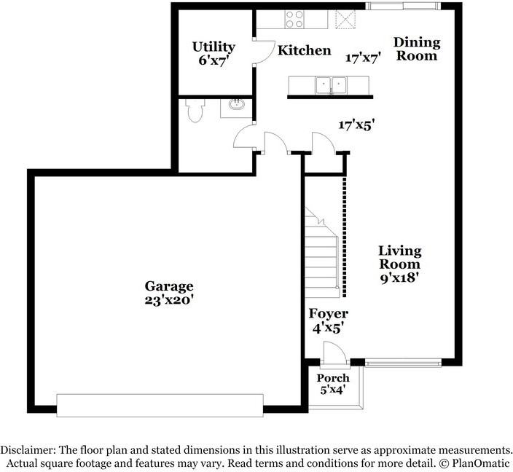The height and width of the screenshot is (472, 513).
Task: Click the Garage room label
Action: click(x=168, y=286)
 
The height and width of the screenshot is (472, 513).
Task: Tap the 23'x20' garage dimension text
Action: click(x=168, y=299)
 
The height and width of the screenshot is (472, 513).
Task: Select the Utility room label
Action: click(x=214, y=47)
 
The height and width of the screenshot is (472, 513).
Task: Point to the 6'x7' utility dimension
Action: click(x=214, y=60)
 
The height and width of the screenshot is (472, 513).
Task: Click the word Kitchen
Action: click(x=305, y=50)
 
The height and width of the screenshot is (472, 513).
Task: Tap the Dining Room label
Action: click(x=417, y=49)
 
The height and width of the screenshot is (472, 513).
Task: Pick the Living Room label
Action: click(x=399, y=258)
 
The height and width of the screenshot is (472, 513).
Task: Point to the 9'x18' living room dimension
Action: click(x=399, y=277)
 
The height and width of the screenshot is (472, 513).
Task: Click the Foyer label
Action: click(x=328, y=314)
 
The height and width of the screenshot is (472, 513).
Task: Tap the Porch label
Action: click(x=332, y=378)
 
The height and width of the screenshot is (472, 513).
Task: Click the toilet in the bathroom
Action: click(x=194, y=110)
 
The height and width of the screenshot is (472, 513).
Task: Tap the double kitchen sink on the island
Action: click(x=332, y=85)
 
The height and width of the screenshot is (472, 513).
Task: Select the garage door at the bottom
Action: click(x=160, y=406)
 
